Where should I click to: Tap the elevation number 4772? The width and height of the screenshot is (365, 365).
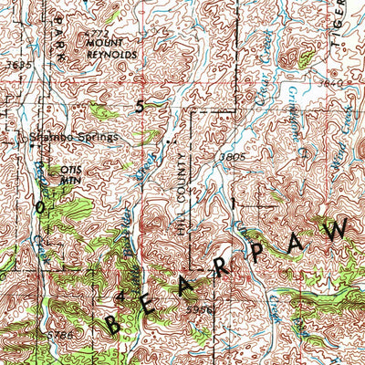(95, 34)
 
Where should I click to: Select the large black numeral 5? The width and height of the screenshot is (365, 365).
(140, 107)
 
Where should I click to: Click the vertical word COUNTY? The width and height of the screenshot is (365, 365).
(180, 178)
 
